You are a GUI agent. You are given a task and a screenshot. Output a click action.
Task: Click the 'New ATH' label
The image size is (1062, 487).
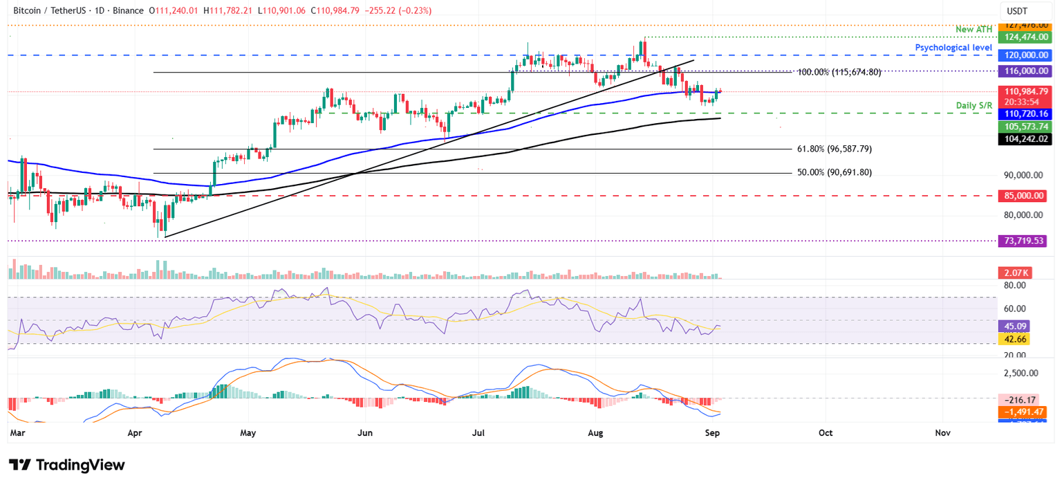pyautogui.click(x=973, y=29)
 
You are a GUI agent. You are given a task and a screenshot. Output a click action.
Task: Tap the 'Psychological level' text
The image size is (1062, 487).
pyautogui.click(x=953, y=47)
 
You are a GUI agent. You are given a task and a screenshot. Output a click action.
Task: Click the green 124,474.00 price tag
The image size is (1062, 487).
pyautogui.click(x=1025, y=37)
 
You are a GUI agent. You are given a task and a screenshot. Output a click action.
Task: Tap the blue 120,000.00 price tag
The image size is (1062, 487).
pyautogui.click(x=1025, y=55)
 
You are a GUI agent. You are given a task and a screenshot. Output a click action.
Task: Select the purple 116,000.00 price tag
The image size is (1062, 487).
pyautogui.click(x=1025, y=71)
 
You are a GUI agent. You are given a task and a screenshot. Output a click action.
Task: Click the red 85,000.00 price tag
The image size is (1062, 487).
pyautogui.click(x=1025, y=196)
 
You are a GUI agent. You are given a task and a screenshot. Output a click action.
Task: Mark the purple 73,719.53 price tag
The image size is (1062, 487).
pyautogui.click(x=1025, y=241)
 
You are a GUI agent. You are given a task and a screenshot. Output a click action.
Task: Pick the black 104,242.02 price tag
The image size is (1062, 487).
pyautogui.click(x=1025, y=139)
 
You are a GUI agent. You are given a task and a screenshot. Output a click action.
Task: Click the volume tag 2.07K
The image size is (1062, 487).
pyautogui.click(x=1013, y=274)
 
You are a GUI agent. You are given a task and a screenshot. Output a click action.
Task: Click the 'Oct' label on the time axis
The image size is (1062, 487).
pyautogui.click(x=825, y=433)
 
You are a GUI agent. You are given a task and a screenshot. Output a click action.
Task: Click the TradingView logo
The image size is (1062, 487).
pyautogui.click(x=66, y=465)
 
